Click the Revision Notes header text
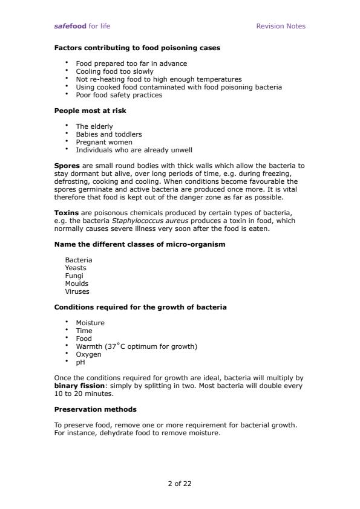pos(281,26)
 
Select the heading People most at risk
pos(90,111)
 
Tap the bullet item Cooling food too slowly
pos(114,71)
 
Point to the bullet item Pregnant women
pos(103,142)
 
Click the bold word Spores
pos(67,166)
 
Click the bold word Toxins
pos(67,213)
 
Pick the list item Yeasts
pos(76,268)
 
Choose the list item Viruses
pos(77,291)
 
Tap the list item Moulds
pos(77,284)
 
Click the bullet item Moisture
pos(90,323)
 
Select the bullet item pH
pos(80,362)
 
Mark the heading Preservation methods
pos(95,409)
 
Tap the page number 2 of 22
pos(180,484)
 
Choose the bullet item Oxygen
pos(88,354)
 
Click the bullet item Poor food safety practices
pos(119,95)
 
